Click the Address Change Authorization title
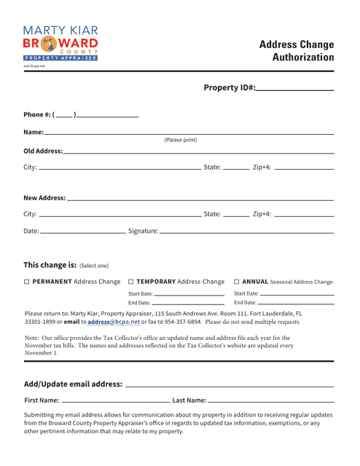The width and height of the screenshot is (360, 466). (297, 51)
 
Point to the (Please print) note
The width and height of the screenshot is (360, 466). (180, 140)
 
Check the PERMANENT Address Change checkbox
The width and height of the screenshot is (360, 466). (27, 282)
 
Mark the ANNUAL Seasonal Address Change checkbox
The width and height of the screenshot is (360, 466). (237, 282)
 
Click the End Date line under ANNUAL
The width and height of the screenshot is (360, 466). (296, 304)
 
